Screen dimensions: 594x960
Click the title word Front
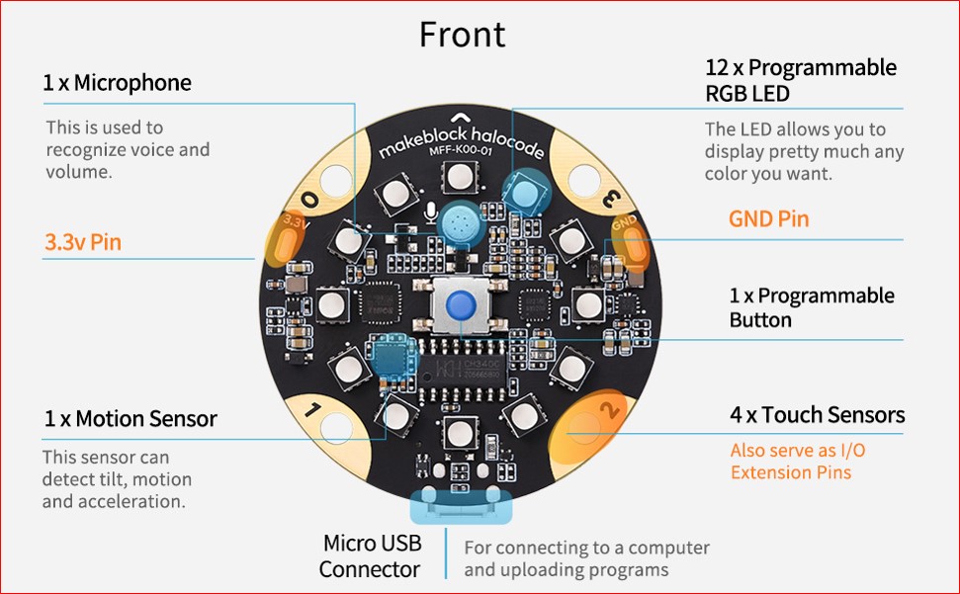click(x=462, y=35)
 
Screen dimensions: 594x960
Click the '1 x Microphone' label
click(x=117, y=83)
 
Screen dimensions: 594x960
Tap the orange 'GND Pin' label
click(x=768, y=219)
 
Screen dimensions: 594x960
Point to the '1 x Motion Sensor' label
click(x=130, y=419)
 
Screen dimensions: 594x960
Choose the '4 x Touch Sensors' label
click(x=817, y=415)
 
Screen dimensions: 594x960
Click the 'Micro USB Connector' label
click(x=371, y=555)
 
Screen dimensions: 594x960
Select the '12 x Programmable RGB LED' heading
click(x=801, y=80)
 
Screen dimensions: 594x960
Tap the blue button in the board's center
click(x=459, y=305)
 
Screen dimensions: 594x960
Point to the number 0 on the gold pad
click(x=310, y=199)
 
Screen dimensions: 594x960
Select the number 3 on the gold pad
click(x=611, y=200)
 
